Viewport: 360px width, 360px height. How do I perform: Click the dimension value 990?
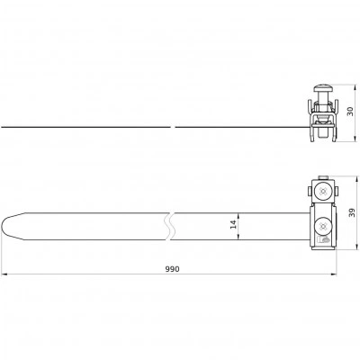(173, 269)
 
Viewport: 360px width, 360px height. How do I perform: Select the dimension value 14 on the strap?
(233, 224)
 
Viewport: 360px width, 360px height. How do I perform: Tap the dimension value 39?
(353, 212)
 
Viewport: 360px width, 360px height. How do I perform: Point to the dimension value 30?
(350, 112)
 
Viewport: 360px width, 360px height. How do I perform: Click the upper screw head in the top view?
(323, 191)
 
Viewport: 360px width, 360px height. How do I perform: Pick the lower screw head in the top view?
(323, 226)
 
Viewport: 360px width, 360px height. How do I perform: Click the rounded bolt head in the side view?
(323, 89)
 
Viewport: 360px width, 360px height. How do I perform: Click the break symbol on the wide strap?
(170, 227)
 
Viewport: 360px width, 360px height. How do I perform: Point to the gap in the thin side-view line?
(173, 127)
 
